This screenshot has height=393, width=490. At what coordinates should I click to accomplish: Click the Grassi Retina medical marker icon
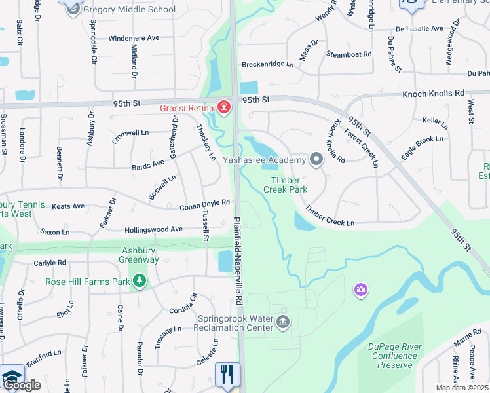(x=224, y=107)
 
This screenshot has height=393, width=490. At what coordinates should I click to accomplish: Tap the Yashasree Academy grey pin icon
(x=316, y=160)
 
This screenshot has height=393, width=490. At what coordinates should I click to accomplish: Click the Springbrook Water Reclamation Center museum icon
(x=283, y=321)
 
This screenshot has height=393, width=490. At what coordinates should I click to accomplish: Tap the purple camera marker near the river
(x=360, y=289)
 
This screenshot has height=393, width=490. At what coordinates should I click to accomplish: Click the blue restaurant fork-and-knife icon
(x=227, y=374)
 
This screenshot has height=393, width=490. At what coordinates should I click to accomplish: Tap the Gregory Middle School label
(x=129, y=10)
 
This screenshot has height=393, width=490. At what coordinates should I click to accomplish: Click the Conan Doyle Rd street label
(x=205, y=206)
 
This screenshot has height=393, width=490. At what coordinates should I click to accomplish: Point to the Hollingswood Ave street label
(x=153, y=230)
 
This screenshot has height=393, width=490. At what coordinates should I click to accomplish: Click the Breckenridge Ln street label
(x=268, y=64)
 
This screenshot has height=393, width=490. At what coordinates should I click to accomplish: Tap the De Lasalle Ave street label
(x=419, y=29)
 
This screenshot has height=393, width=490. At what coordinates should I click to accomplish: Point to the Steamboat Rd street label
(x=349, y=54)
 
